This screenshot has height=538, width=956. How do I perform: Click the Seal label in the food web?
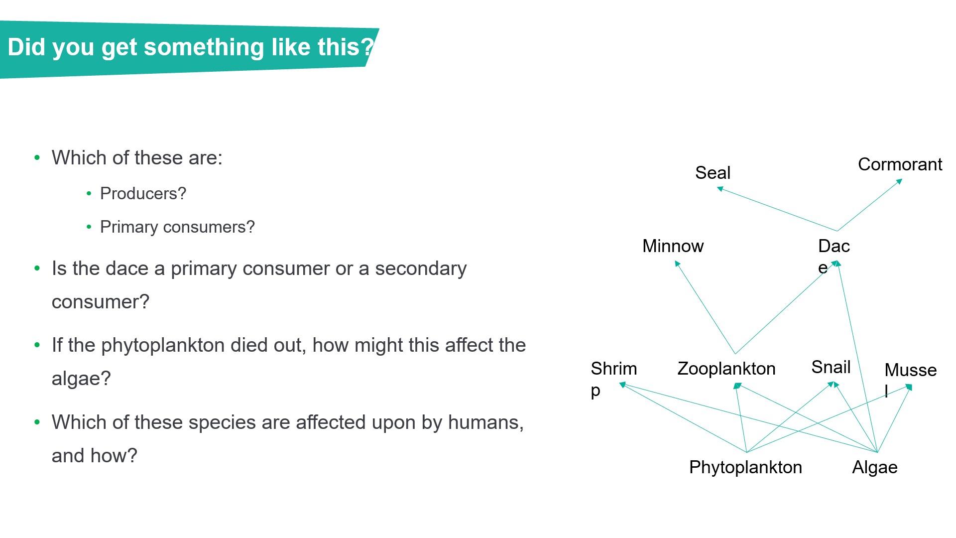(x=713, y=173)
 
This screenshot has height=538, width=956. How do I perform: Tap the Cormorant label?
(x=900, y=164)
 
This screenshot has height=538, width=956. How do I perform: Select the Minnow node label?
(x=673, y=246)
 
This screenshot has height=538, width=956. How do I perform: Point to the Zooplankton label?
(x=726, y=369)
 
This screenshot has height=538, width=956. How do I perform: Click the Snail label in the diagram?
(x=831, y=367)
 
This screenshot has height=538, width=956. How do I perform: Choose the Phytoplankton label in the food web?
(x=745, y=467)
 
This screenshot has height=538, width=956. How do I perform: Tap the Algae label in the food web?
(x=875, y=468)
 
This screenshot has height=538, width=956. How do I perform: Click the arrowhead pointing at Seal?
(x=720, y=189)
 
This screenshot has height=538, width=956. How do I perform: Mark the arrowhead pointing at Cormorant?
(x=899, y=181)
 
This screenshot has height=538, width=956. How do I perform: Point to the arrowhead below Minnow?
(x=677, y=264)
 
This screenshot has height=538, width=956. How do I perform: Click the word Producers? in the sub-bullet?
(x=143, y=193)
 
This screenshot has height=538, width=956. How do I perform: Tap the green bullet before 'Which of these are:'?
(x=37, y=158)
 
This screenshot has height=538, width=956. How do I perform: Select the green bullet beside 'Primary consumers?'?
(x=89, y=227)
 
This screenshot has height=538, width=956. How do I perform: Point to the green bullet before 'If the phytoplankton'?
(x=37, y=345)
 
